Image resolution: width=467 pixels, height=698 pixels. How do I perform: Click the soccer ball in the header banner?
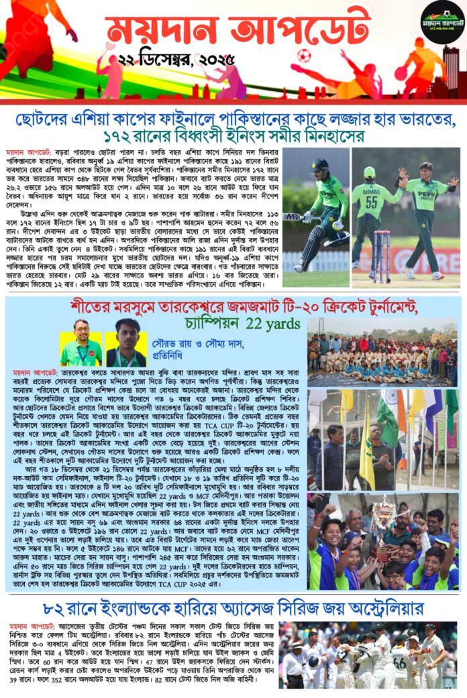point(304,56)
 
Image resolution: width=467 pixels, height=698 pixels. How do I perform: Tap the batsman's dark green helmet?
point(320,164)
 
